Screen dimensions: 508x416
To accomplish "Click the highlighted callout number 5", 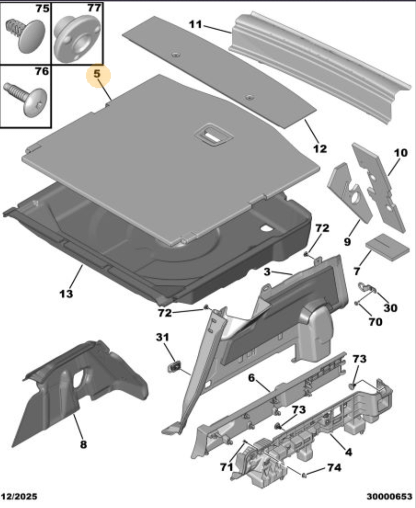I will [97, 74].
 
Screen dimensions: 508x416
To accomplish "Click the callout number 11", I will [195, 24].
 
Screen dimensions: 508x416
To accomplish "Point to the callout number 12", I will [320, 148].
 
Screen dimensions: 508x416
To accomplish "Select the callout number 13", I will [66, 293].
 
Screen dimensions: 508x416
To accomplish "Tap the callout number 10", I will [400, 153].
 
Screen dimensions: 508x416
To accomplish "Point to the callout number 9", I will [347, 242].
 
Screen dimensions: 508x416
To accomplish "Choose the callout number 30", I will [390, 308].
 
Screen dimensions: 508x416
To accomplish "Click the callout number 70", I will [375, 321].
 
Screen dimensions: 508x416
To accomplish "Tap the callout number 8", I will [84, 444].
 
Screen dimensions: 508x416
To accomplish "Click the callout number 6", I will [252, 378].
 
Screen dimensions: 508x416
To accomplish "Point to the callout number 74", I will [334, 467].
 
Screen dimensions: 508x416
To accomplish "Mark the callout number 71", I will [226, 467].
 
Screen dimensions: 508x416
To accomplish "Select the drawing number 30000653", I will [390, 496].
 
